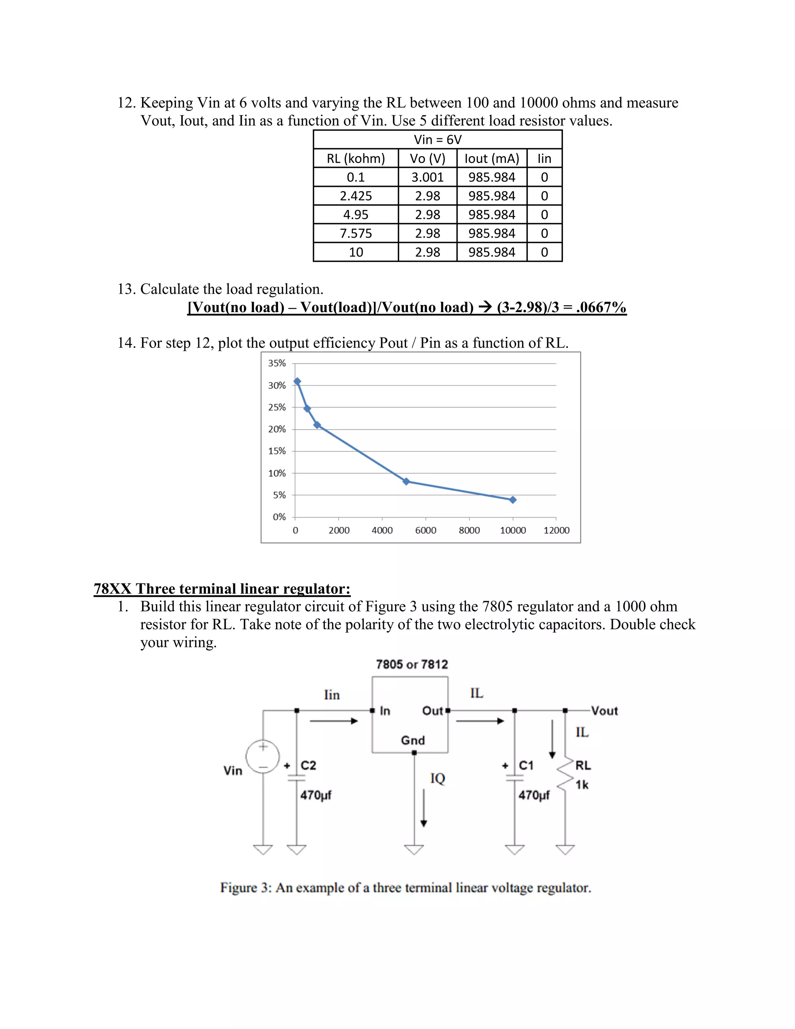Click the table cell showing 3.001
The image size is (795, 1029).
coord(427,177)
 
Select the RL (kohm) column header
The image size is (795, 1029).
coord(356,158)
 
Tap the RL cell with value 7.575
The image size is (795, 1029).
coord(356,233)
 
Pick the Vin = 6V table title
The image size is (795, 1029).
coord(437,139)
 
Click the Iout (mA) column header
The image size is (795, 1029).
coord(492,158)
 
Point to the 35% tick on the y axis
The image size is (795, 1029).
coord(277,363)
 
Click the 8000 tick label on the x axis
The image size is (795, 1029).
coord(469,530)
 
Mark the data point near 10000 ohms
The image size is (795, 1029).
coord(513,500)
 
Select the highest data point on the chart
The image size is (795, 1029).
coord(297,381)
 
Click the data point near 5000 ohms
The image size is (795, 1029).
coord(406,481)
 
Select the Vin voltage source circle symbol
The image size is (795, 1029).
coord(263,756)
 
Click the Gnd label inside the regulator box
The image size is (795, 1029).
coord(413,740)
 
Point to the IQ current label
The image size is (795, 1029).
coord(437,778)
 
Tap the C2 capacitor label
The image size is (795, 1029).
coord(309,765)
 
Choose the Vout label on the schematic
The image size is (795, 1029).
coord(604,711)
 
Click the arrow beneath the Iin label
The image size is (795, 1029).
coord(334,721)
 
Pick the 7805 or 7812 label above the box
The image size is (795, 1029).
coord(411,664)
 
